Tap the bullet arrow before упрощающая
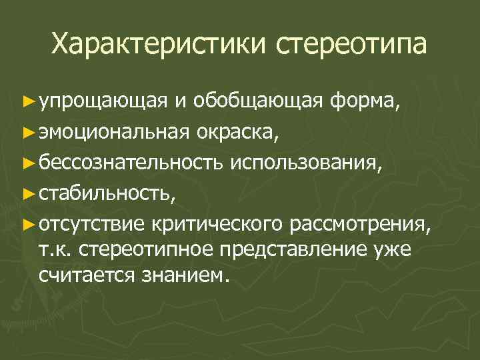[x=27, y=102]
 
